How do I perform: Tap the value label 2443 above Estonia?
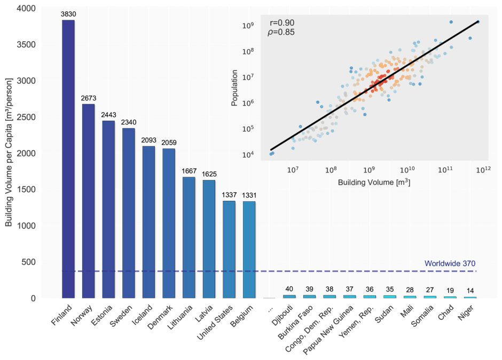[x=108, y=116]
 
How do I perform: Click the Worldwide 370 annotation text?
[x=450, y=263]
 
